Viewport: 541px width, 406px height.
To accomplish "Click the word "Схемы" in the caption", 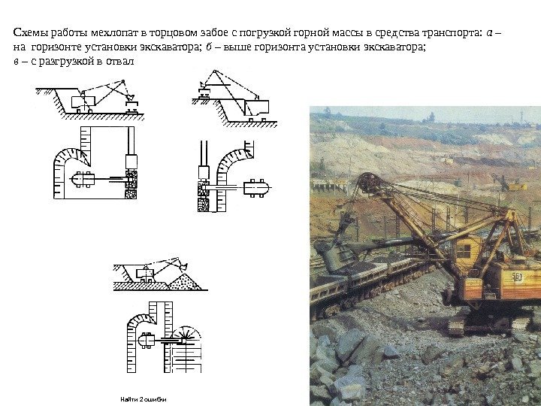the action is pyautogui.click(x=29, y=33).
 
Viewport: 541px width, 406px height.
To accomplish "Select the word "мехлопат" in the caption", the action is pyautogui.click(x=112, y=33).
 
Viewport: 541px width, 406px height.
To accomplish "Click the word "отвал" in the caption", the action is pyautogui.click(x=119, y=60).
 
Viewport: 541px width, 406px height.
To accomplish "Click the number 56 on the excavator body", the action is pyautogui.click(x=517, y=276).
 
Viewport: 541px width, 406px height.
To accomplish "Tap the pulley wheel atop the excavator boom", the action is pyautogui.click(x=367, y=183).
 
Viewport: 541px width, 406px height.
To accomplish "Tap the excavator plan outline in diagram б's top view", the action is pyautogui.click(x=256, y=185).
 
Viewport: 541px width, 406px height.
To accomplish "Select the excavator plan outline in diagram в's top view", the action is pyautogui.click(x=146, y=341).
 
